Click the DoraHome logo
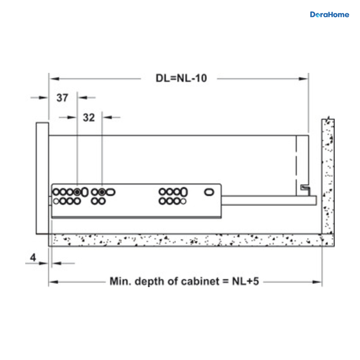point(329,15)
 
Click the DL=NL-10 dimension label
point(181,78)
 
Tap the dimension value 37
point(62,98)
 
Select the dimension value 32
point(89,118)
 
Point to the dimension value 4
point(33,257)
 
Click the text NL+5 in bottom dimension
point(245,281)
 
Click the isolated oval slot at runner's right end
point(209,192)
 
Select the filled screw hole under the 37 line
point(77,192)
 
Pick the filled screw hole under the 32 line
point(102,192)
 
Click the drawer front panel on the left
point(42,178)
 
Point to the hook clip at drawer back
point(305,190)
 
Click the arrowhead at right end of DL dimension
point(303,79)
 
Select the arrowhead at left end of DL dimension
point(54,79)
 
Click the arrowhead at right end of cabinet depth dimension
point(317,282)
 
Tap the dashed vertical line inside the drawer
point(296,166)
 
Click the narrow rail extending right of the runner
point(269,200)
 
